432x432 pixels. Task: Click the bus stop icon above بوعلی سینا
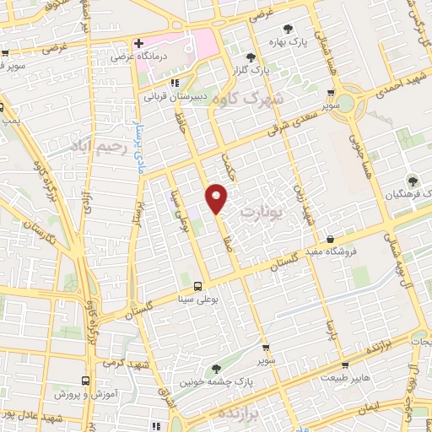point(198,286)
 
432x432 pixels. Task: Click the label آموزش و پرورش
point(84,394)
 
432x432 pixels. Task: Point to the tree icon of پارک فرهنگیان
point(412,181)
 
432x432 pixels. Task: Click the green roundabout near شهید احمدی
point(348,105)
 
